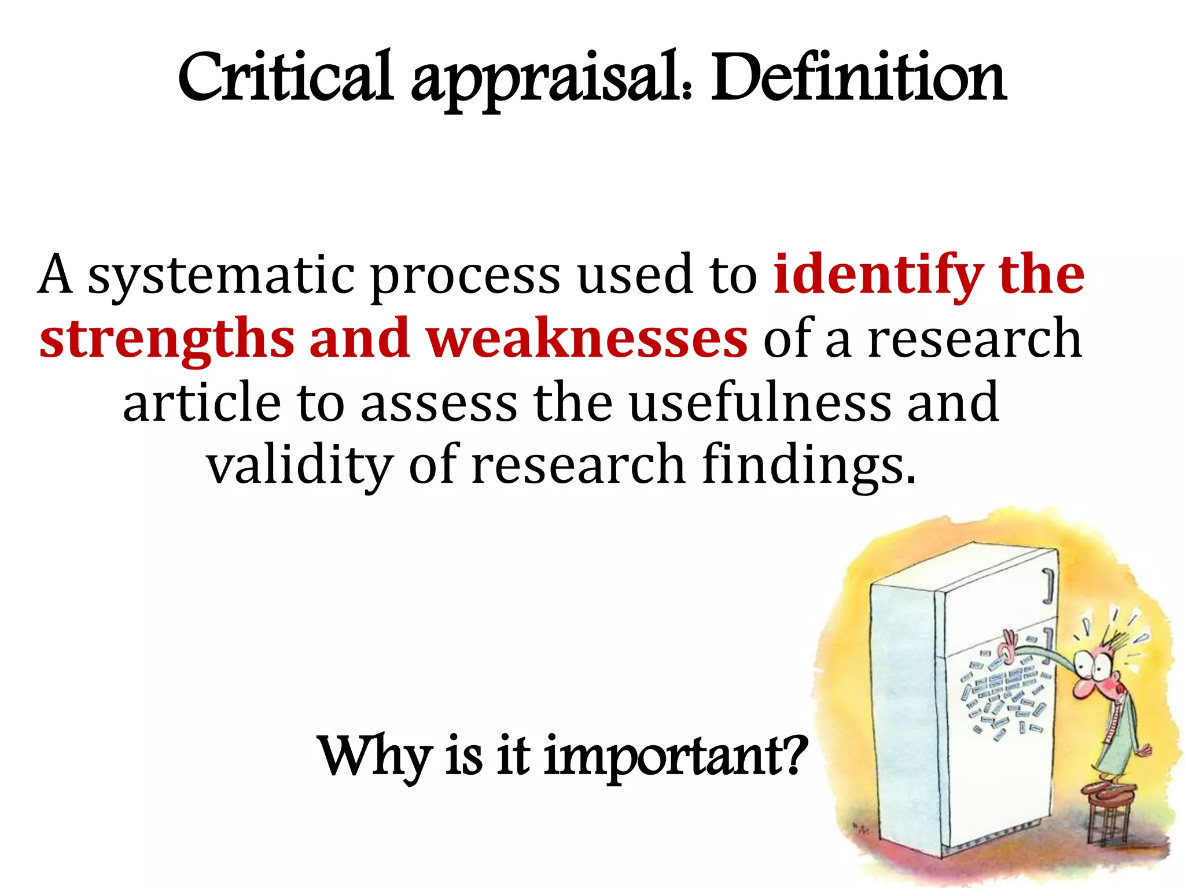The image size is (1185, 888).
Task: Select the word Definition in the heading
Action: tap(859, 78)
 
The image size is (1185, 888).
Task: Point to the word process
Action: tap(465, 277)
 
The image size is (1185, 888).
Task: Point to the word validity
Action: tap(300, 466)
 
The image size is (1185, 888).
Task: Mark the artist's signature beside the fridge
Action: tap(862, 829)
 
